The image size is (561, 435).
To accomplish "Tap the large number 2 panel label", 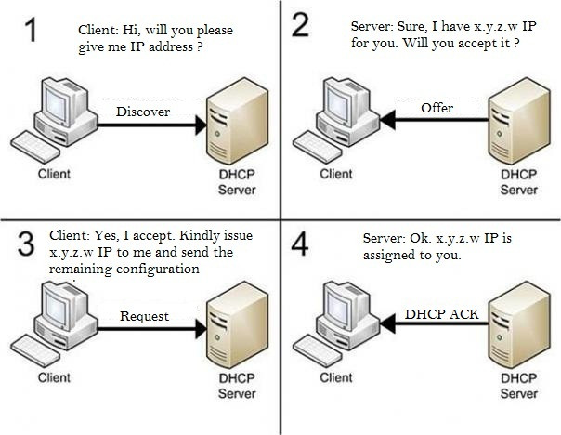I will click(x=300, y=25).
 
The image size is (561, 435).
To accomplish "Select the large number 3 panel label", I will click(x=27, y=243).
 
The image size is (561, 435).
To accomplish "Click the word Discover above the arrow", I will click(x=143, y=112).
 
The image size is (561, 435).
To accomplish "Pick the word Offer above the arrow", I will click(x=437, y=108).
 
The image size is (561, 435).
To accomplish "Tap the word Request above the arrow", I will click(x=145, y=316).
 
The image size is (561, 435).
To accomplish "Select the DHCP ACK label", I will click(x=441, y=314).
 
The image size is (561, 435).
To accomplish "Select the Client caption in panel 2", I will click(x=336, y=173).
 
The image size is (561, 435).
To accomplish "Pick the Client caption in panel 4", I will click(x=336, y=377).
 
